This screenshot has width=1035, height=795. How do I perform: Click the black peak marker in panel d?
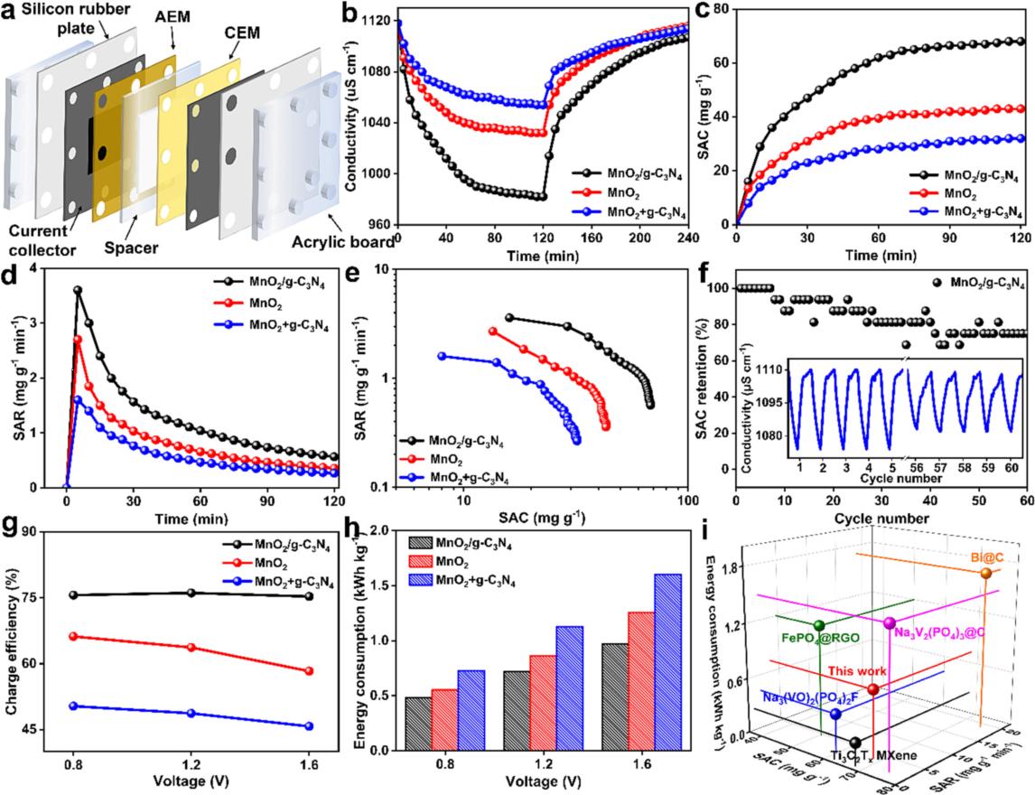pyautogui.click(x=78, y=290)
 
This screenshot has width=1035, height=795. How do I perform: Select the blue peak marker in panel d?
pyautogui.click(x=78, y=399)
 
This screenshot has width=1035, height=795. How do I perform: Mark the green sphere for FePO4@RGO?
pyautogui.click(x=819, y=625)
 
